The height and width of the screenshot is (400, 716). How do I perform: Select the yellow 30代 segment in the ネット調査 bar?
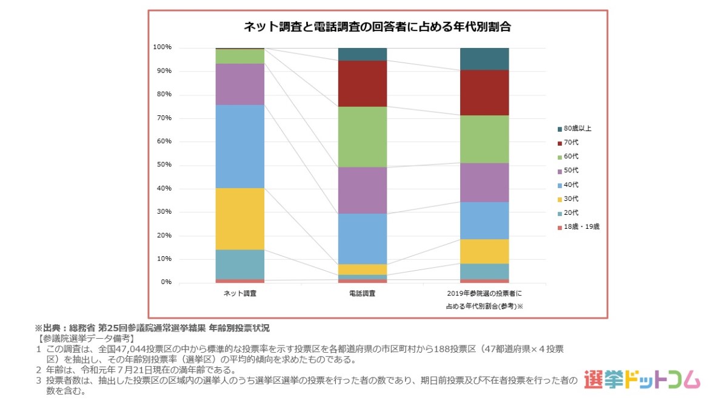pos(240,219)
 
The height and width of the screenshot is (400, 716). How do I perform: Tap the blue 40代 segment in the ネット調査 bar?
pos(240,146)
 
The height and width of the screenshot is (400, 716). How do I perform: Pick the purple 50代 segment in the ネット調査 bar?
pos(240,84)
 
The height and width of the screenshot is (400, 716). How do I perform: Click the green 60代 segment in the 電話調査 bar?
pos(362,137)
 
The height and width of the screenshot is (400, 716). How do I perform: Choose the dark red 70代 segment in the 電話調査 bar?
pos(362,83)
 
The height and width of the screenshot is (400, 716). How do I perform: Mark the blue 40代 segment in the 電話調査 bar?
pos(362,239)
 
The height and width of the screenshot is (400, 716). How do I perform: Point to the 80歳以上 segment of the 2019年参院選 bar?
pos(484,58)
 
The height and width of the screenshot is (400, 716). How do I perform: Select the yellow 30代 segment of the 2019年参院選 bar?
pos(484,251)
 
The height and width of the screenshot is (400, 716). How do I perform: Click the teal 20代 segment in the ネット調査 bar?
pos(240,264)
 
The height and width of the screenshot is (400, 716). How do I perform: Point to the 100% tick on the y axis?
pos(162,47)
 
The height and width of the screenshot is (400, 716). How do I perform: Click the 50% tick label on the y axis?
pos(164,165)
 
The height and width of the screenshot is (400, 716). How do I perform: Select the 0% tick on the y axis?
pos(166,282)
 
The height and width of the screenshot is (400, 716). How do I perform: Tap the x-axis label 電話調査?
pos(362,294)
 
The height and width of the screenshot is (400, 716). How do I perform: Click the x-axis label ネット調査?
pos(240,294)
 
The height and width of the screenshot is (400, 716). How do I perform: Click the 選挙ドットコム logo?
pos(642,380)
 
